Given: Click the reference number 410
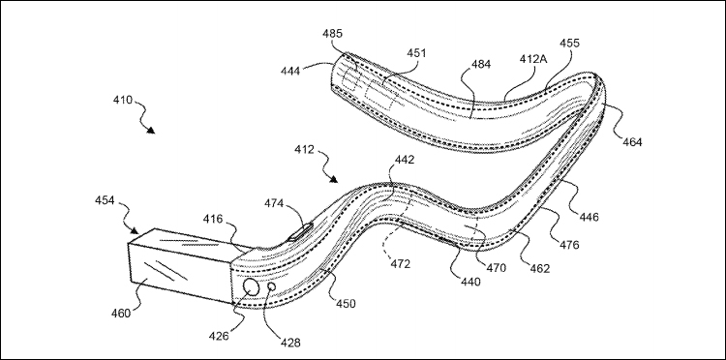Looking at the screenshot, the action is (x=123, y=100).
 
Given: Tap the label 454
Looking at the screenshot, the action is (x=105, y=200).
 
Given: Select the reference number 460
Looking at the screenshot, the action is (x=121, y=313).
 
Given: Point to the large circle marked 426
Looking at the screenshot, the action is (x=252, y=287).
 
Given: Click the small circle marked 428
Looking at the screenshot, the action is (x=272, y=286).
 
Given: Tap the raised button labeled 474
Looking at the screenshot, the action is (x=300, y=231).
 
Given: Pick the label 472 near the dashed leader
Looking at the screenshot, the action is (x=401, y=264).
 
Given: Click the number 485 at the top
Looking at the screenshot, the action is (x=333, y=33).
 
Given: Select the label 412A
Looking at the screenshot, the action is (x=532, y=59).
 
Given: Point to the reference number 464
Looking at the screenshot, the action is (x=632, y=142).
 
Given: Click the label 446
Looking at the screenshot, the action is (x=589, y=216).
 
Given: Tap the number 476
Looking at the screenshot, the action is (x=569, y=245).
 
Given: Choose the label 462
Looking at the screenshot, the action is (x=540, y=268).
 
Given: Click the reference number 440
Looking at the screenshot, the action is (x=471, y=281).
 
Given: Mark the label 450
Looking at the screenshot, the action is (x=346, y=304).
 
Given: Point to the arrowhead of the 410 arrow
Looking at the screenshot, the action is (x=150, y=131).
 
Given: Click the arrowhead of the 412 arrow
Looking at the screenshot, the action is (x=334, y=179).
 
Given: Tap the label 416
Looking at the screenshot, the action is (x=213, y=219).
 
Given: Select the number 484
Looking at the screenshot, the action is (x=481, y=64).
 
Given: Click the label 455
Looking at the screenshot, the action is (x=569, y=43).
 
